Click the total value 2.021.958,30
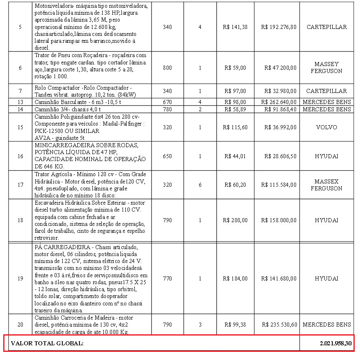coord(336,343)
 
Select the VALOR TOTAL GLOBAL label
coord(47,343)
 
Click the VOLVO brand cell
coord(326,127)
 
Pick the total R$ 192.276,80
coord(279,27)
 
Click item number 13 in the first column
coord(20,102)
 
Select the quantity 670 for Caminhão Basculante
coord(167,102)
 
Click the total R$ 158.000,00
coord(279,220)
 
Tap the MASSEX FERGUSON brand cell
coord(326,185)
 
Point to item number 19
coord(20,278)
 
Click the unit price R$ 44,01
coord(235,156)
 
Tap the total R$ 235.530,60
coord(279,325)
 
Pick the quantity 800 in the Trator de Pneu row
coord(167,68)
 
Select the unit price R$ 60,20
coord(235,185)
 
